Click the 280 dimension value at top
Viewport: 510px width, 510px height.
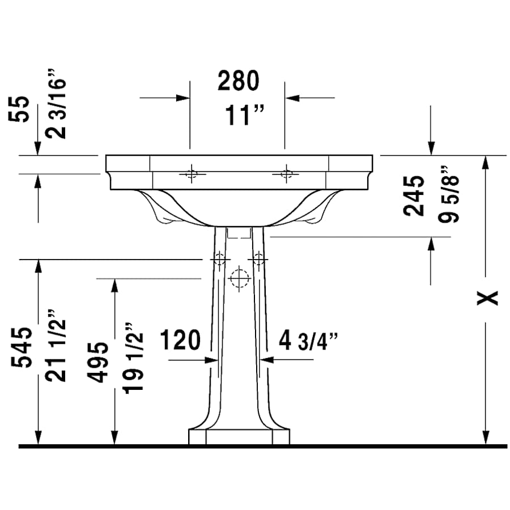pyautogui.click(x=238, y=82)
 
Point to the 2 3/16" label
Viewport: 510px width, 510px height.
pyautogui.click(x=58, y=105)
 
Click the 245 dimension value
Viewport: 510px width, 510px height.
pyautogui.click(x=415, y=195)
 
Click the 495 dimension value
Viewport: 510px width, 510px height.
pyautogui.click(x=100, y=363)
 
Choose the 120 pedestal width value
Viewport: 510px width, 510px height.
pyautogui.click(x=180, y=341)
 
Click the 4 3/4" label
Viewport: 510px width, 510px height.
pyautogui.click(x=309, y=341)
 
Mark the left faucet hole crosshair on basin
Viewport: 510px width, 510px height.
pyautogui.click(x=191, y=173)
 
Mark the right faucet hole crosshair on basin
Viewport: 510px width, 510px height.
pyautogui.click(x=286, y=173)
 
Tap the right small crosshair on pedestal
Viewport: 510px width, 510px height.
pyautogui.click(x=259, y=259)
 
